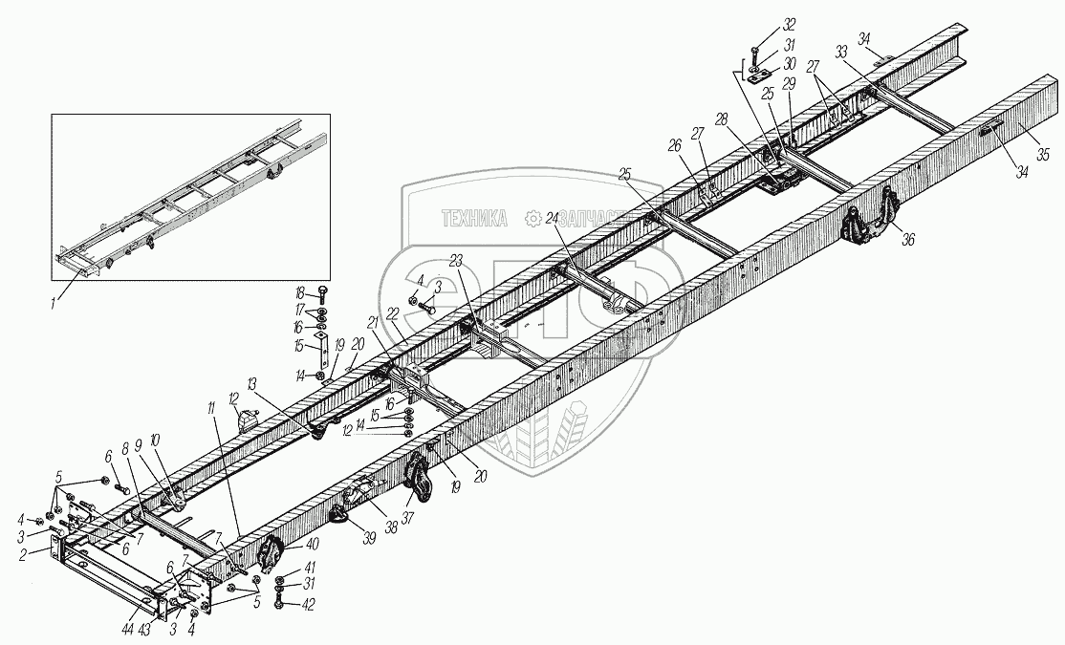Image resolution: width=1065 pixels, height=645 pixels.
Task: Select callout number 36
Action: click(x=908, y=240)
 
